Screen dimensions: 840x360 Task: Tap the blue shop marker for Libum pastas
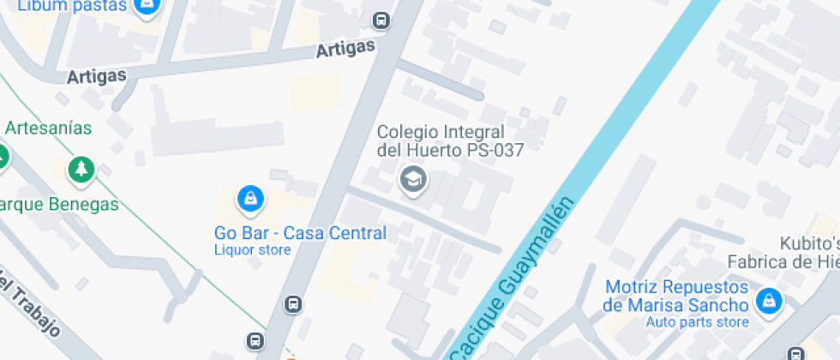tap(148, 7)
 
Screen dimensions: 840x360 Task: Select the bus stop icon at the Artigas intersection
tap(381, 20)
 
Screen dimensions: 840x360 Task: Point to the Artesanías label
tap(48, 128)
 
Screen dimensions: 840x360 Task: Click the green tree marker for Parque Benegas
tap(81, 168)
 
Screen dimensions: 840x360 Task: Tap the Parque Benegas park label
tap(59, 205)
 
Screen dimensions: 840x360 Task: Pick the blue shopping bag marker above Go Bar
tap(249, 199)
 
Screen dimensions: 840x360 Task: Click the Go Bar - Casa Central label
tap(300, 232)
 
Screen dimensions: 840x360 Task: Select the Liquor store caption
tap(252, 250)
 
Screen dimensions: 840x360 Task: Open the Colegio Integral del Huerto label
tap(450, 141)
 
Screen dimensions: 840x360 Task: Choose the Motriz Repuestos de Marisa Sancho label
tap(675, 297)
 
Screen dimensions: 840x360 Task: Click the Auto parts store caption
tap(699, 322)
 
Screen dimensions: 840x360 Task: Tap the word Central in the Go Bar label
tap(357, 232)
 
